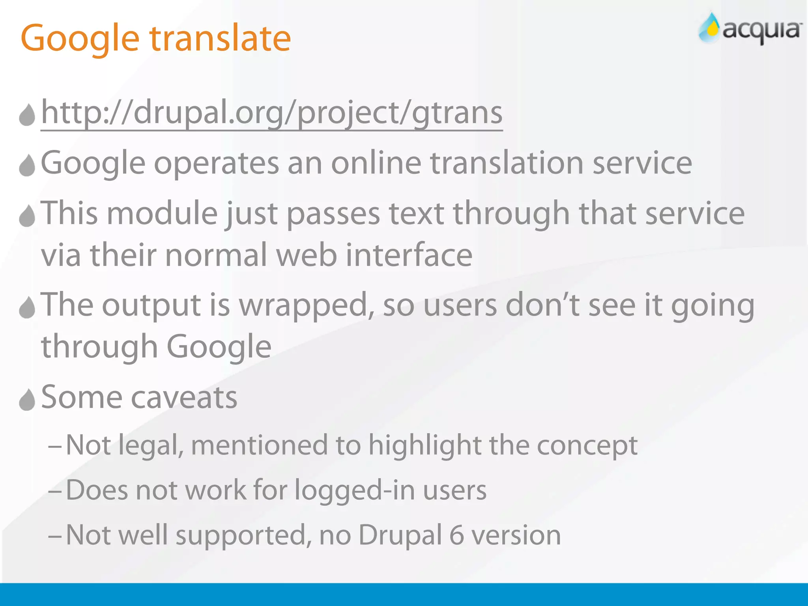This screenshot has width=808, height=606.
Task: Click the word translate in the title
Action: point(220,39)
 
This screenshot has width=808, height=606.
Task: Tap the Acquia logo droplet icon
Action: point(709,28)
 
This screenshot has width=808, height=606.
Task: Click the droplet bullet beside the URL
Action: point(27,115)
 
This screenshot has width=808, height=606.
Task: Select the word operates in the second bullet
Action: point(216,163)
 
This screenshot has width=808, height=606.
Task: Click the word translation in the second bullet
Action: point(507,163)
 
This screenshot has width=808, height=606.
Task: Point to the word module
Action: point(162,213)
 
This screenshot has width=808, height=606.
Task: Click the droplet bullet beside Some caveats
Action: point(27,399)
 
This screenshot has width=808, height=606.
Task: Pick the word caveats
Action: point(184,398)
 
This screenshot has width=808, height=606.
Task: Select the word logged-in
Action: point(355,491)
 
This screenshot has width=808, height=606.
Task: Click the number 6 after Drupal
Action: point(456,536)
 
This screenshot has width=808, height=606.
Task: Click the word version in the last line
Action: point(516,536)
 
